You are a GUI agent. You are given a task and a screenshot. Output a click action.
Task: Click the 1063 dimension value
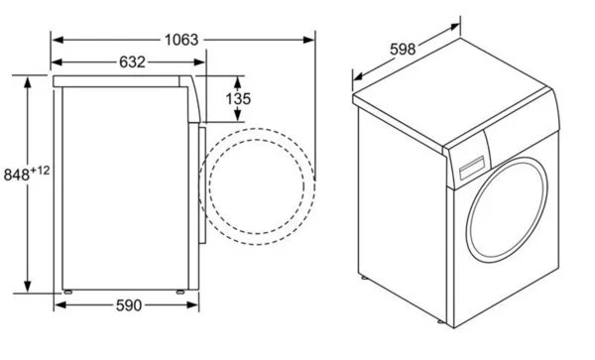(x=181, y=40)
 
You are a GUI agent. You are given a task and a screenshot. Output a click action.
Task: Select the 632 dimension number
(x=132, y=62)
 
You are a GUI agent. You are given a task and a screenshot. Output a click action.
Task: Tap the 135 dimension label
(x=238, y=99)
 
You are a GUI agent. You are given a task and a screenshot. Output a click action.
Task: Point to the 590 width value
(x=129, y=305)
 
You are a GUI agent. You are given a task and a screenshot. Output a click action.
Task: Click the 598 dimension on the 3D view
(x=403, y=49)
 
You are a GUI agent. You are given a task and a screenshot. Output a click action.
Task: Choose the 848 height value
(x=16, y=175)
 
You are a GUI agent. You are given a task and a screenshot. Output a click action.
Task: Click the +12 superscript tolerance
(x=40, y=170)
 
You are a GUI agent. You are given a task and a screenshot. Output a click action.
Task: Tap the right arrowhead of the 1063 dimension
(x=308, y=40)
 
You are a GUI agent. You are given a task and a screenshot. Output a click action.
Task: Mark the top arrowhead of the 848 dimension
(x=28, y=82)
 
